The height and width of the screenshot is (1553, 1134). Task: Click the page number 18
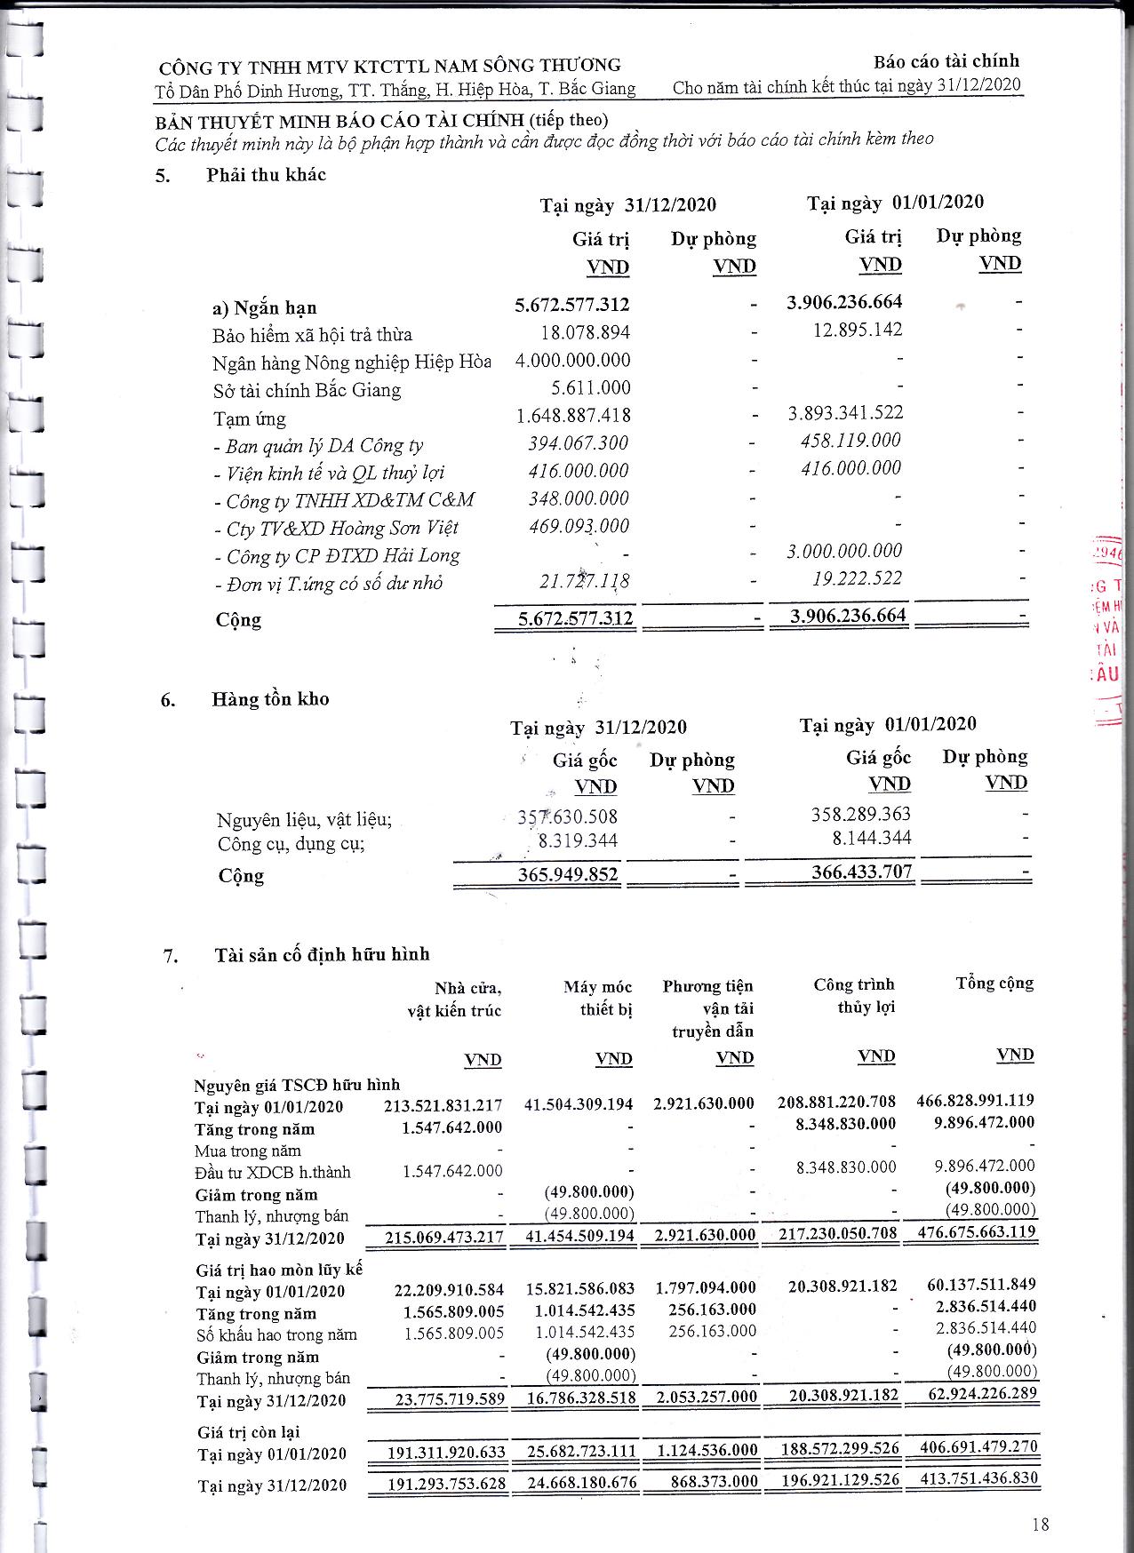[x=1041, y=1525]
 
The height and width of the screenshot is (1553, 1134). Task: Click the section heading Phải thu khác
[x=266, y=175]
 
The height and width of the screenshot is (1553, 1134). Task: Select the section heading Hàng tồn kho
[x=270, y=699]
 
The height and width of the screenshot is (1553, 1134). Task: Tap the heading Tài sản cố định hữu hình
[x=322, y=954]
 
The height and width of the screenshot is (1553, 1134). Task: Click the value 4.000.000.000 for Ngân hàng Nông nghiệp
[x=573, y=361]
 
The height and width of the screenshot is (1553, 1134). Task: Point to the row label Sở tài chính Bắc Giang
[x=307, y=390]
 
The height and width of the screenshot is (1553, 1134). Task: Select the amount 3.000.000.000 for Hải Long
[x=844, y=551]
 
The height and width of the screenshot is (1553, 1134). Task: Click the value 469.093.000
[x=579, y=526]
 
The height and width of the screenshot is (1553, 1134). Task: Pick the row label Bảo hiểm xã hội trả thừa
[x=312, y=335]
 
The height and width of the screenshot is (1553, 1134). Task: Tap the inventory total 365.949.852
[x=568, y=874]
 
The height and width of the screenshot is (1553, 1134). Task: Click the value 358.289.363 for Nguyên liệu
[x=861, y=814]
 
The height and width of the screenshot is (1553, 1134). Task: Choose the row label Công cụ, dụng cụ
[x=291, y=844]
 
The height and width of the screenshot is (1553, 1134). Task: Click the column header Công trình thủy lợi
[x=854, y=996]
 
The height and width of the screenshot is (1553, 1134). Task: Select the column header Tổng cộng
[x=994, y=984]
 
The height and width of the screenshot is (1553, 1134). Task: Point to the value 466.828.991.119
[x=975, y=1101]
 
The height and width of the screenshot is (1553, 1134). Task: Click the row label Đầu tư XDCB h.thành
[x=273, y=1173]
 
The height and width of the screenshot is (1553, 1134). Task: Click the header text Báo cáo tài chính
[x=946, y=61]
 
